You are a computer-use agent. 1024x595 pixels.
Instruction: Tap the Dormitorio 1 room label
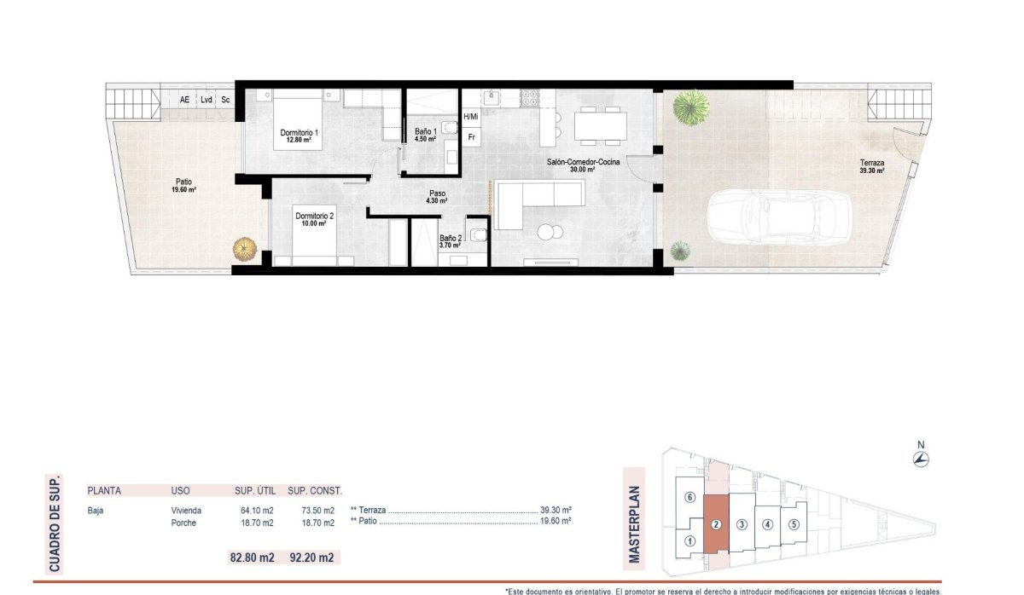(x=299, y=133)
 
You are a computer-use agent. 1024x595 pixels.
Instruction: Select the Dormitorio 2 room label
(x=315, y=217)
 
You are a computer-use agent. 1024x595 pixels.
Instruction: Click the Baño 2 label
(x=451, y=239)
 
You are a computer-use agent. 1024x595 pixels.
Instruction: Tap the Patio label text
(x=183, y=181)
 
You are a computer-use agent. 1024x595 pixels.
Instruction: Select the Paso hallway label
(x=437, y=194)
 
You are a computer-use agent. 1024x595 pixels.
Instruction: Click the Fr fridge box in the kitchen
(x=471, y=136)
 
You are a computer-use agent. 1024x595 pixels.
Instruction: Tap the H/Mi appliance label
(x=470, y=116)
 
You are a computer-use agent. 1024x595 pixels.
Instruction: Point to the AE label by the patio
(x=184, y=100)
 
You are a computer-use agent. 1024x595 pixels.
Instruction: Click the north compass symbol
(x=921, y=459)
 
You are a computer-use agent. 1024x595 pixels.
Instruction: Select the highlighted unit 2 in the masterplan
(x=717, y=525)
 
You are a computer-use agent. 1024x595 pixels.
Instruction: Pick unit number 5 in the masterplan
(x=793, y=525)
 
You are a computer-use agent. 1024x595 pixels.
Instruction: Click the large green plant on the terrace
(x=690, y=107)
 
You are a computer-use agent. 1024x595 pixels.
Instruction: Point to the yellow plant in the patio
(x=245, y=249)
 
